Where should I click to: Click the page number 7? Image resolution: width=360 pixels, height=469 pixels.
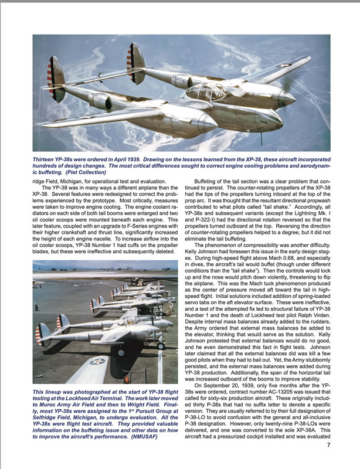330,444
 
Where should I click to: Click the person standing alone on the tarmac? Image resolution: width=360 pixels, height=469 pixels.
37,305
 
